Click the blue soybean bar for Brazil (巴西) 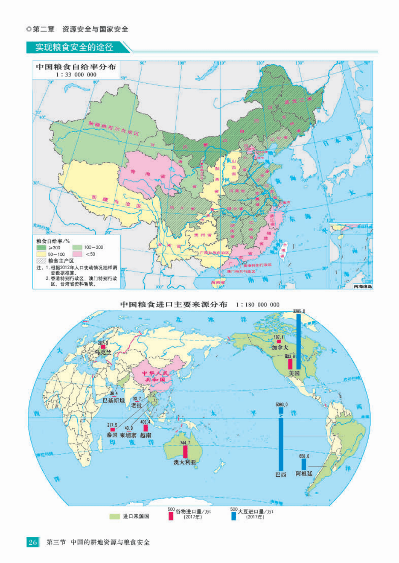click(x=281, y=441)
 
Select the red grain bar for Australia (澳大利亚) click(x=185, y=452)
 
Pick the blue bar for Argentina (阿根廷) click(x=304, y=464)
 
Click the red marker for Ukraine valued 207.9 click(x=103, y=347)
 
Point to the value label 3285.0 click(x=299, y=311)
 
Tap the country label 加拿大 click(x=280, y=347)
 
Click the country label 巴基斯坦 click(x=113, y=400)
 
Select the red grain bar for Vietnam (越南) click(x=145, y=428)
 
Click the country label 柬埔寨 click(x=128, y=435)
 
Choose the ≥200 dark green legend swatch click(x=41, y=247)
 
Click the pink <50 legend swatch click(x=77, y=254)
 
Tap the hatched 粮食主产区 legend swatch click(x=41, y=261)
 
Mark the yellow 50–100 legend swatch click(x=41, y=254)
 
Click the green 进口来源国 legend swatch click(x=115, y=516)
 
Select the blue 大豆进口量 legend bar click(x=234, y=516)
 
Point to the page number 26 click(x=33, y=542)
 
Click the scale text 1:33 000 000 click(x=76, y=75)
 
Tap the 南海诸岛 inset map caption click(x=362, y=286)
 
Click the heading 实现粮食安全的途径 click(x=74, y=47)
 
